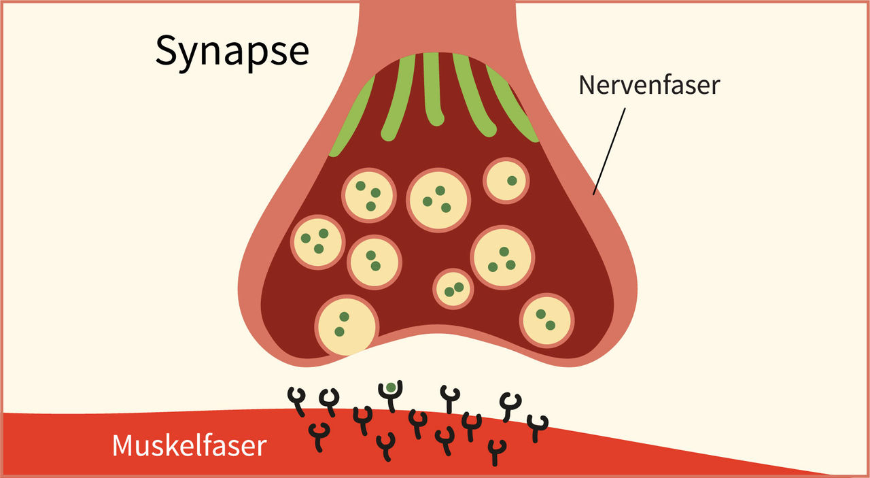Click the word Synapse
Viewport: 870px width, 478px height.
point(232,51)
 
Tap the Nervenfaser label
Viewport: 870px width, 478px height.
point(648,85)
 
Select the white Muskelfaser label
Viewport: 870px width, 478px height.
point(189,446)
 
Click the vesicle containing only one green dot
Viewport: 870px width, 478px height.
point(506,180)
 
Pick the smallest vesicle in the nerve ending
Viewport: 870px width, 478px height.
point(453,288)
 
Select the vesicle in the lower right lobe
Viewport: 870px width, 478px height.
point(547,320)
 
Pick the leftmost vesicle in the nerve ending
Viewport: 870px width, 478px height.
point(317,241)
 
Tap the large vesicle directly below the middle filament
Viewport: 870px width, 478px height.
point(438,199)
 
